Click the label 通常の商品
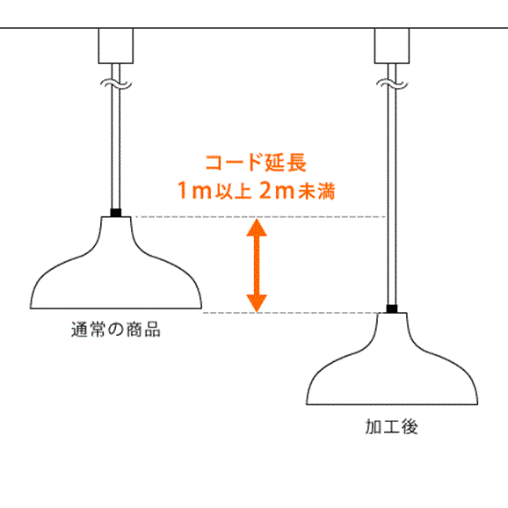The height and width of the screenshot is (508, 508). point(116,330)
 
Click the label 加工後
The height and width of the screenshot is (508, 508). point(391,426)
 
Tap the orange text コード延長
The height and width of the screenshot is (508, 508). point(256,163)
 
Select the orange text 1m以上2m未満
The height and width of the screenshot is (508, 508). point(256,191)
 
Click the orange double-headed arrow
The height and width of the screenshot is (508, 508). point(257,265)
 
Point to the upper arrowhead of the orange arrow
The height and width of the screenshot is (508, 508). point(257,228)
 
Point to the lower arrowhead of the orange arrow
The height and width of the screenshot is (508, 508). point(257,303)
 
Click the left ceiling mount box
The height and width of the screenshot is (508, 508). point(116,46)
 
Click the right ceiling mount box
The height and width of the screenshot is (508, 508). point(392,46)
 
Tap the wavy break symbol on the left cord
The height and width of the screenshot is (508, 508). point(116,84)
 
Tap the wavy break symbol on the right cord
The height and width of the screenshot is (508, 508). point(392,84)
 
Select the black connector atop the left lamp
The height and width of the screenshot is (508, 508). point(116,213)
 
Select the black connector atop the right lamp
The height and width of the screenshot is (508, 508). point(392,308)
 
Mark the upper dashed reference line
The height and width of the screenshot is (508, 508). point(260,216)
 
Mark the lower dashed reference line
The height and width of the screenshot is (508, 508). point(291,313)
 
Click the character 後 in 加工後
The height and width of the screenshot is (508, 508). point(410,426)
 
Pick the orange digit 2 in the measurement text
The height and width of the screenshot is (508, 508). point(266,191)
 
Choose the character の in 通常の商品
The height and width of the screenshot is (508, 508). point(116,330)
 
